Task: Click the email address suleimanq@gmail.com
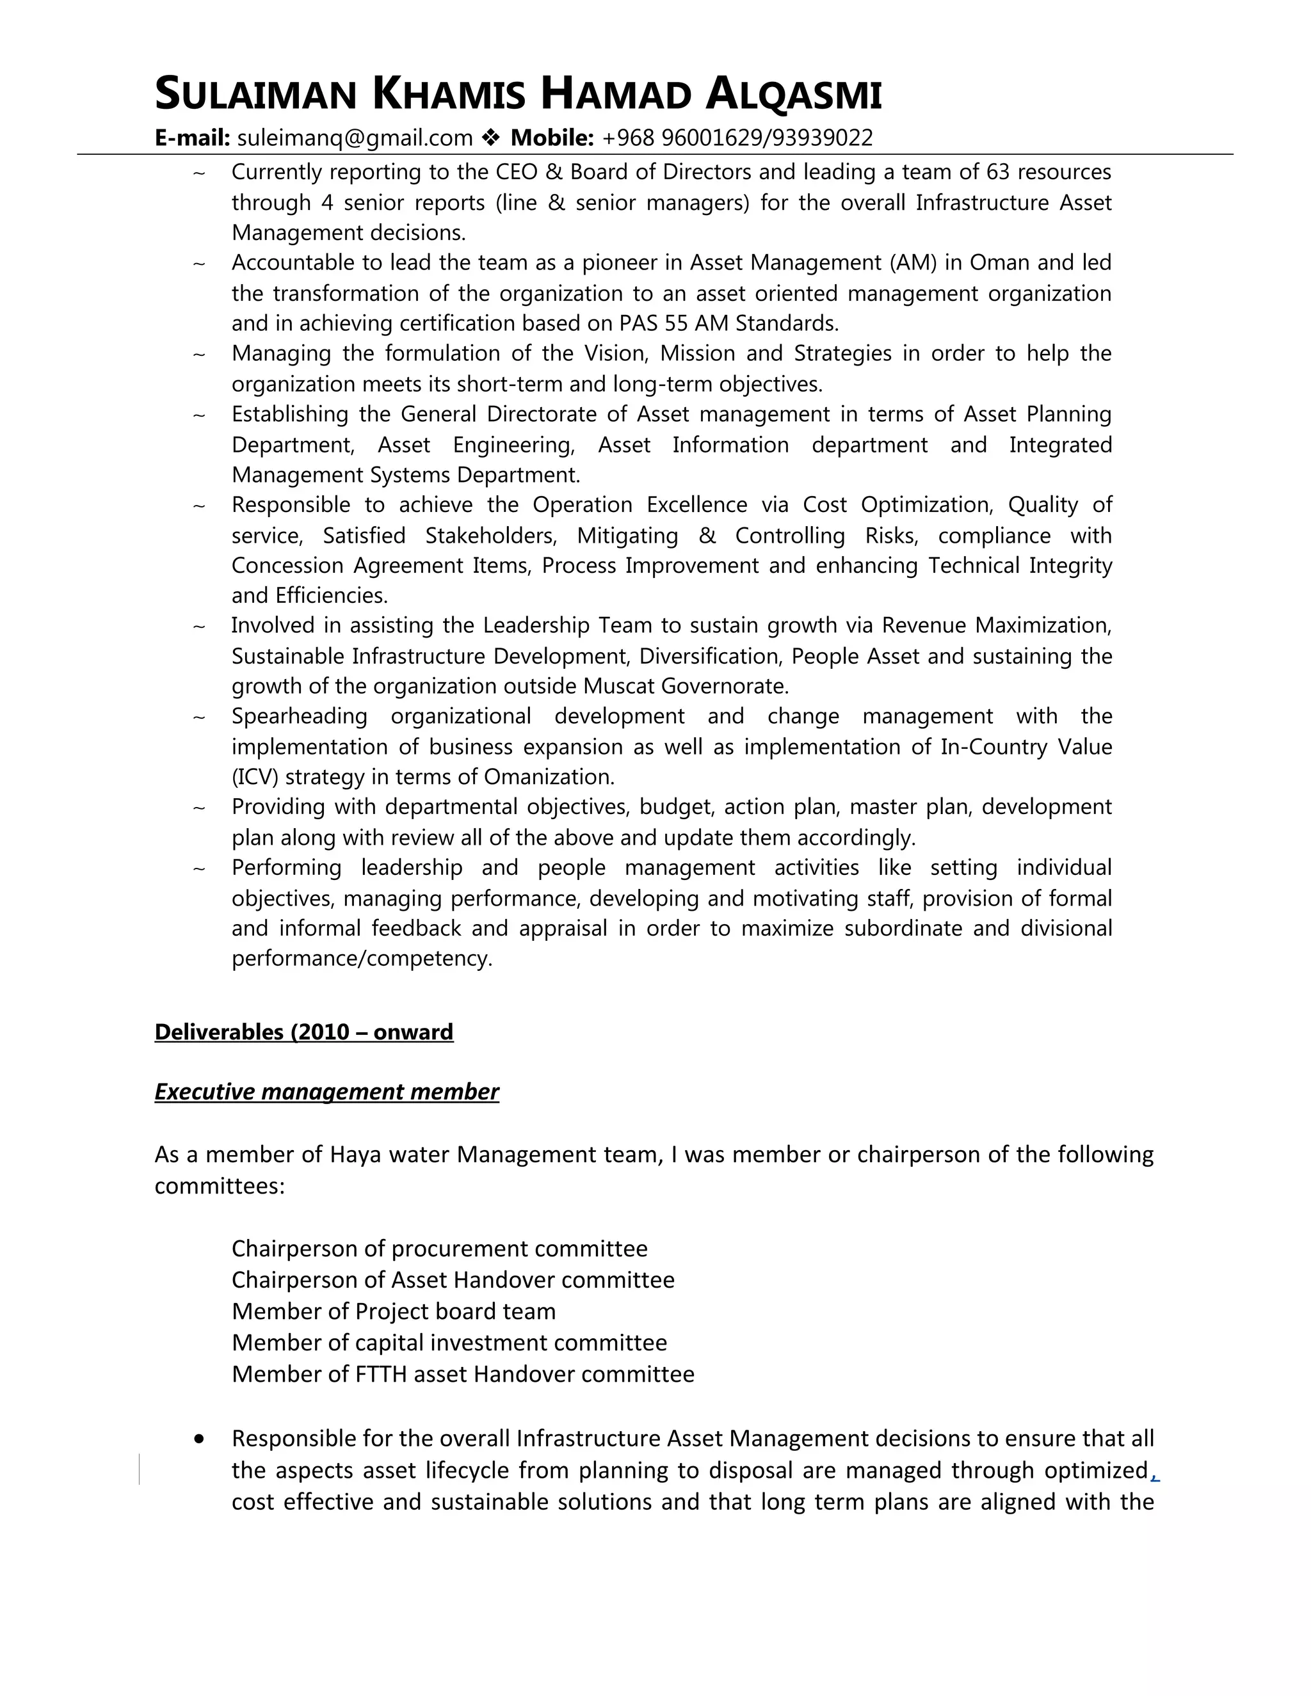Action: click(x=354, y=138)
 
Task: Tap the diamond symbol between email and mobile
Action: click(x=491, y=138)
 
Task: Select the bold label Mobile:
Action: click(x=552, y=138)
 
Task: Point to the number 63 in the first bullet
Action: click(x=997, y=172)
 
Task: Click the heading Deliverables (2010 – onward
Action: click(x=303, y=1032)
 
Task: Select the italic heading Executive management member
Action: click(x=326, y=1092)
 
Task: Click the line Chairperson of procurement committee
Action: click(x=438, y=1249)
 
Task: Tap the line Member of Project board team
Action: click(x=393, y=1311)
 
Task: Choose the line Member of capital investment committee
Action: click(x=449, y=1343)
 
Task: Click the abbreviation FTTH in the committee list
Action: click(x=382, y=1375)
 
